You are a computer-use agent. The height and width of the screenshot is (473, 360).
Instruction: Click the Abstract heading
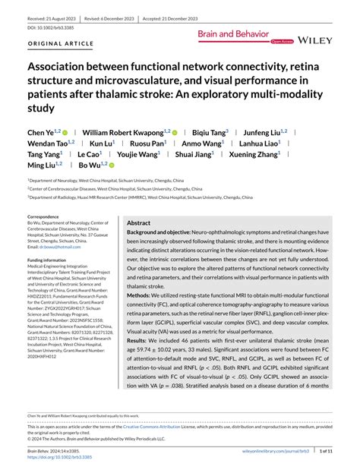[x=139, y=223]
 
